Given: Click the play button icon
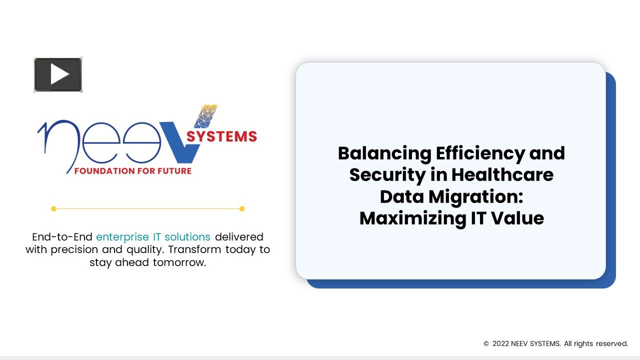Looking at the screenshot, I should tap(58, 75).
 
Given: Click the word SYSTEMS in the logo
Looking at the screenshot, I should tap(221, 136).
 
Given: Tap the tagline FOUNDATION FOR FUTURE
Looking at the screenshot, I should tap(132, 171).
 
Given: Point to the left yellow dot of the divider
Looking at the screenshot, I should tap(54, 208).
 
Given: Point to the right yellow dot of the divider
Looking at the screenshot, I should tap(242, 208).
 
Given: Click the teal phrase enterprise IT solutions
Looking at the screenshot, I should tap(153, 236).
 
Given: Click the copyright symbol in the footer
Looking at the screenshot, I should tap(486, 344).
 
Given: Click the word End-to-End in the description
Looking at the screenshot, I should tap(62, 236).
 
